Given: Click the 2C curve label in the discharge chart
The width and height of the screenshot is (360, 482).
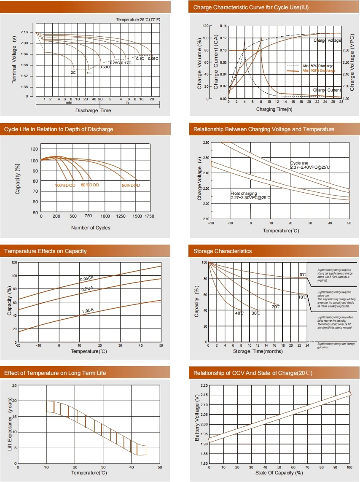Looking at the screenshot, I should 73,73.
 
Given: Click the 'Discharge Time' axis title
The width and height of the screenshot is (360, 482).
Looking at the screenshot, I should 93,110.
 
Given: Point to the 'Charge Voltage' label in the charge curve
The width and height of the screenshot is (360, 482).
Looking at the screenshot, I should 327,40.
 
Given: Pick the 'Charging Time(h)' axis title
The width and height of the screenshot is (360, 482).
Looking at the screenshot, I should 274,109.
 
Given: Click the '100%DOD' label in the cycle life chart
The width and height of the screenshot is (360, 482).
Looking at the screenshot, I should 64,185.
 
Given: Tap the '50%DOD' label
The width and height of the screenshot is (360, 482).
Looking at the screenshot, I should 131,185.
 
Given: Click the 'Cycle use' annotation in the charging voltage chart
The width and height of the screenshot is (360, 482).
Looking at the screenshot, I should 300,163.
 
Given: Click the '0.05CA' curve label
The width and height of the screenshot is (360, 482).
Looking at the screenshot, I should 87,279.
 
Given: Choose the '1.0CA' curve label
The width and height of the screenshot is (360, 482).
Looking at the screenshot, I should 88,311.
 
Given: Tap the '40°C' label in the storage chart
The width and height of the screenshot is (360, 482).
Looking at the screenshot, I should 239,313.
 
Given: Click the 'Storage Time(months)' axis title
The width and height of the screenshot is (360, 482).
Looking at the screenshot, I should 258,351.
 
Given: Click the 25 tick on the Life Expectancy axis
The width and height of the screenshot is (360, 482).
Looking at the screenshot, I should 15,385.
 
